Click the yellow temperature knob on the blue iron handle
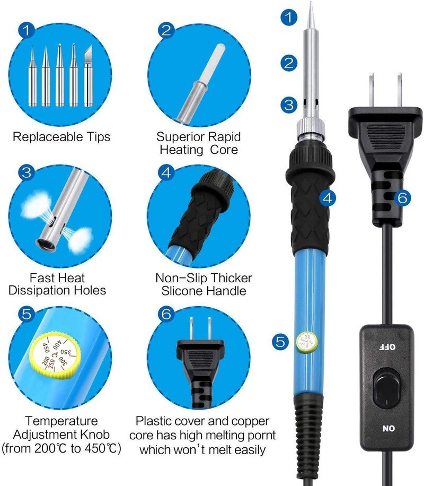pyautogui.click(x=306, y=341)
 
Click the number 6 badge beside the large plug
pyautogui.click(x=402, y=198)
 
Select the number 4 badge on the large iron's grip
pyautogui.click(x=328, y=198)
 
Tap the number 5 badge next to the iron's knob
pyautogui.click(x=281, y=341)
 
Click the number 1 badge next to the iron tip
pyautogui.click(x=288, y=18)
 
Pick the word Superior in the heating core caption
pyautogui.click(x=178, y=137)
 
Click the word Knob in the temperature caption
pyautogui.click(x=96, y=435)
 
